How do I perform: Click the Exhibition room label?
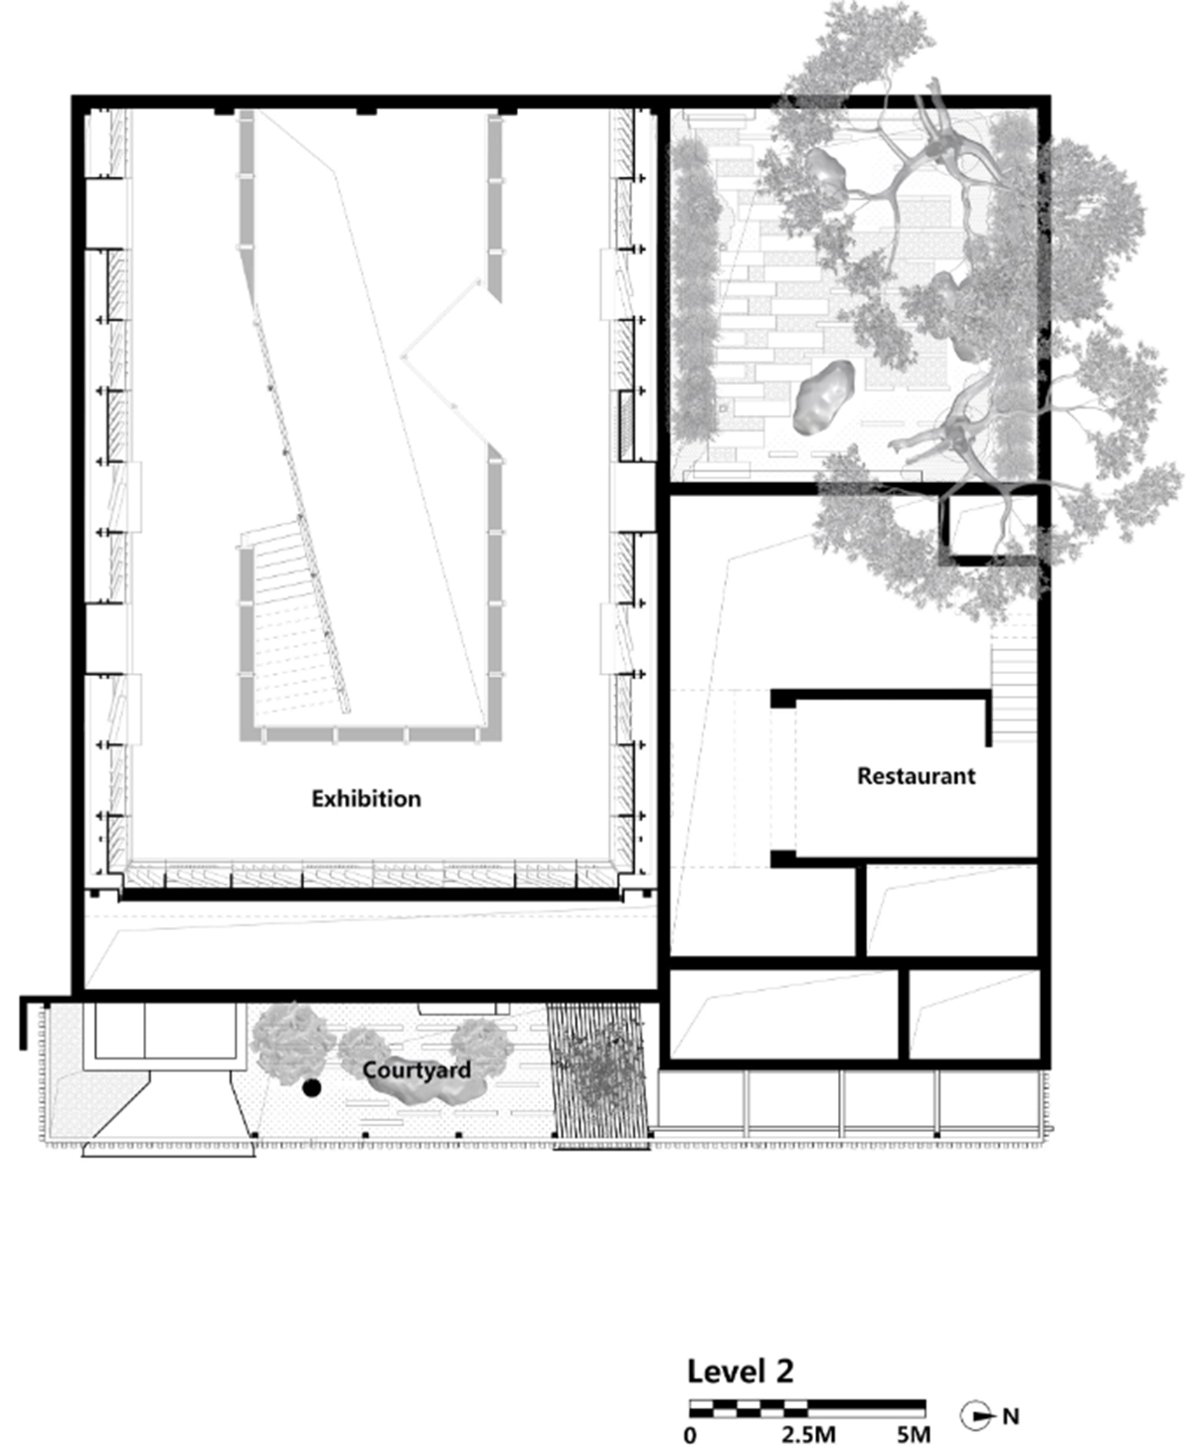coord(366,798)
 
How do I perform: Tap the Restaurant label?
coord(916,775)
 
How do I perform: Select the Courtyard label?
coord(417,1069)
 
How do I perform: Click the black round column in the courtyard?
coord(312,1088)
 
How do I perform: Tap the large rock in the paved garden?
coord(825,398)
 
